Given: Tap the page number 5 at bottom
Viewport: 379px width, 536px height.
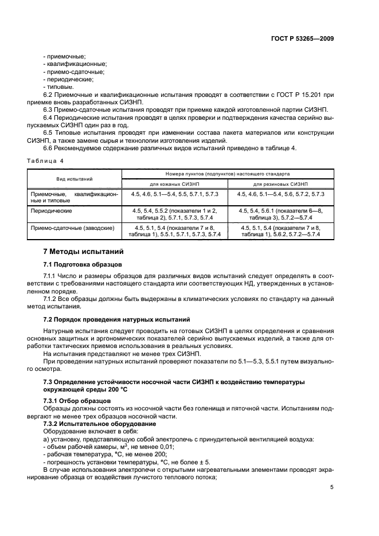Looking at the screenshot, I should pyautogui.click(x=332, y=487).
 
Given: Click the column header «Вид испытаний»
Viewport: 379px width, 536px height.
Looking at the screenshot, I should pyautogui.click(x=75, y=178).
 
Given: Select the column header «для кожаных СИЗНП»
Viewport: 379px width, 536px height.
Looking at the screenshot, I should pyautogui.click(x=175, y=184).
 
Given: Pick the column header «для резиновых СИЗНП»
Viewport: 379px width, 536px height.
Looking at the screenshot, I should pyautogui.click(x=280, y=184).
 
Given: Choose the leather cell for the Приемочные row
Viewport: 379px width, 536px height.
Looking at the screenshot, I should pyautogui.click(x=175, y=194).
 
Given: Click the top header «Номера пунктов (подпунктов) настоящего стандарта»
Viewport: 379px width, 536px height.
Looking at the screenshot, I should pyautogui.click(x=228, y=173).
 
